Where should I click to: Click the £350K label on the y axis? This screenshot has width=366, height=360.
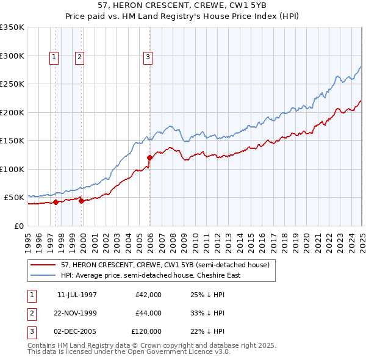click(x=12, y=27)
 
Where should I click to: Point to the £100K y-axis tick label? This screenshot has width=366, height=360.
click(x=12, y=169)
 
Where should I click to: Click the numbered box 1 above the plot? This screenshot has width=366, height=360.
click(x=54, y=58)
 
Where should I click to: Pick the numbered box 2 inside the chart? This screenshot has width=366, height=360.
click(x=80, y=58)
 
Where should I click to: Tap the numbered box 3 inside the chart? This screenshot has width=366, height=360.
click(x=148, y=58)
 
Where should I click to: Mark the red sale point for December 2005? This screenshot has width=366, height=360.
click(x=149, y=158)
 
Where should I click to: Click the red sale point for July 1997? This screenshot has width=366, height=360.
click(x=56, y=202)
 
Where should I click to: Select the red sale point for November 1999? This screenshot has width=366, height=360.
click(x=82, y=201)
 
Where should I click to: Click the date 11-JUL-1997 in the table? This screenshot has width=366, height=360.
click(x=77, y=295)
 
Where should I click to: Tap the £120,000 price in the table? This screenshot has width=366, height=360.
click(x=146, y=331)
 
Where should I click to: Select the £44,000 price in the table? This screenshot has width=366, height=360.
click(x=148, y=313)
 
